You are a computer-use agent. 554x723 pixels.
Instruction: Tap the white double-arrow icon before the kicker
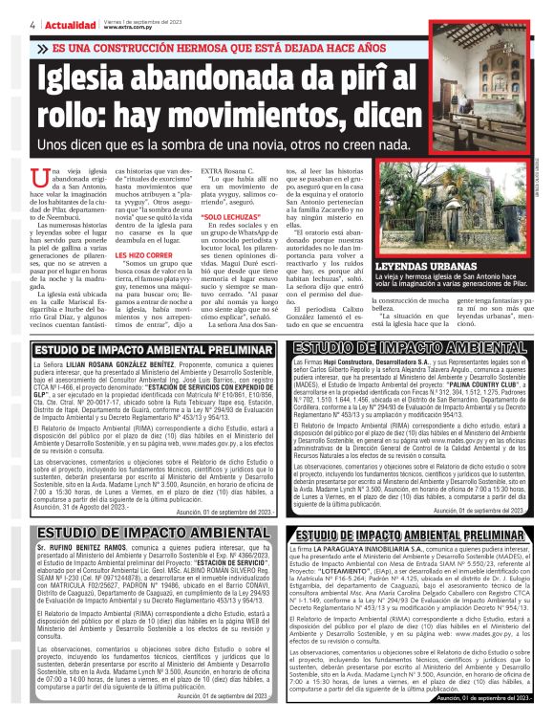[42, 47]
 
